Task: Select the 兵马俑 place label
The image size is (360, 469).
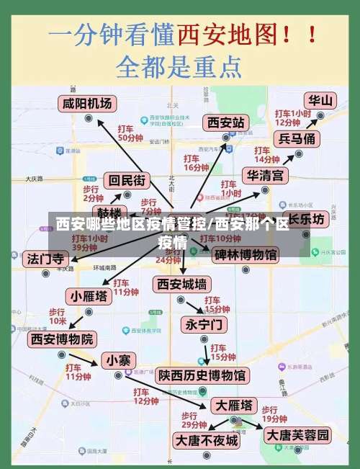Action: pyautogui.click(x=297, y=138)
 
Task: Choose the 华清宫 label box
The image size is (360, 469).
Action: pyautogui.click(x=265, y=175)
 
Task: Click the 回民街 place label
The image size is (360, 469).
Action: pyautogui.click(x=126, y=180)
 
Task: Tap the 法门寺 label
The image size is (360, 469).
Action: pyautogui.click(x=46, y=258)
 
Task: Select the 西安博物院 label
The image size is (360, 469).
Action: pyautogui.click(x=61, y=338)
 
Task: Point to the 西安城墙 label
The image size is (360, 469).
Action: pyautogui.click(x=182, y=283)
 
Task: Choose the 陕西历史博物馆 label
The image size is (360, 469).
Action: pyautogui.click(x=202, y=375)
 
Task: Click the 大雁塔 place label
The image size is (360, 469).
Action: pyautogui.click(x=234, y=404)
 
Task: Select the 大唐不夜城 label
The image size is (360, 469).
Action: pyautogui.click(x=207, y=439)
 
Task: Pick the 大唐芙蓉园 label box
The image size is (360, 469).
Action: pyautogui.click(x=297, y=435)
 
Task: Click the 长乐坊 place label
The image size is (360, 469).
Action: pyautogui.click(x=307, y=218)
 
